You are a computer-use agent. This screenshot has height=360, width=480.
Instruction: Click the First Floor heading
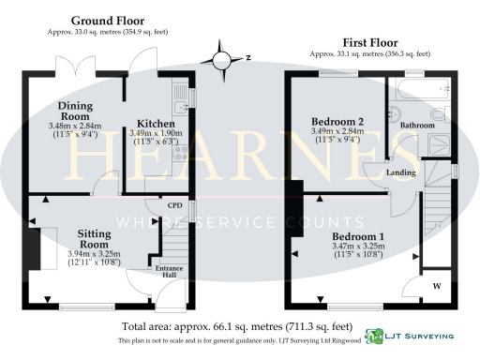(x=369, y=42)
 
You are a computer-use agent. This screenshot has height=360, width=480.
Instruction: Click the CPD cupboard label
(x=174, y=205)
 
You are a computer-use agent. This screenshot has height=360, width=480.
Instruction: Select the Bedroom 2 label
(x=337, y=122)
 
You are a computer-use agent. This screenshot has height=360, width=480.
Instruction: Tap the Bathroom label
(x=417, y=125)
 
